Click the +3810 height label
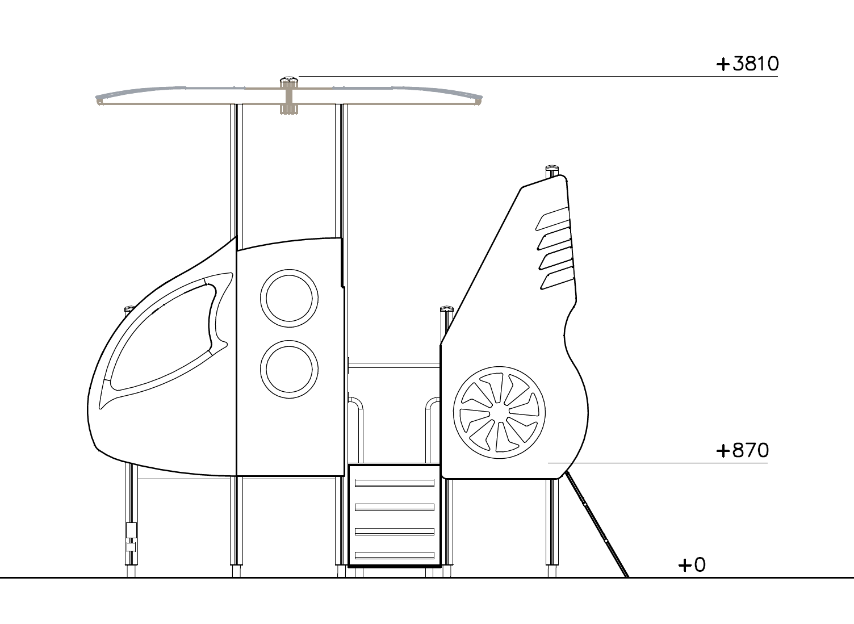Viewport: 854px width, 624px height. pos(747,64)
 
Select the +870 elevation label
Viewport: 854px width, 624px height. pos(742,451)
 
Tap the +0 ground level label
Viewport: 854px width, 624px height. pos(692,565)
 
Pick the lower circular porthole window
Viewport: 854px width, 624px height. pos(289,368)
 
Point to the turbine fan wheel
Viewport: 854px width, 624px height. pos(499,412)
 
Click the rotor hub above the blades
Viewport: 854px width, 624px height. pos(289,83)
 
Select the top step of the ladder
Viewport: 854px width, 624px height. pos(394,483)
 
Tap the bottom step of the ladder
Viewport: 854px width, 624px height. pos(394,555)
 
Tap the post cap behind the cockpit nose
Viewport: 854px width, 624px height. pos(129,310)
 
